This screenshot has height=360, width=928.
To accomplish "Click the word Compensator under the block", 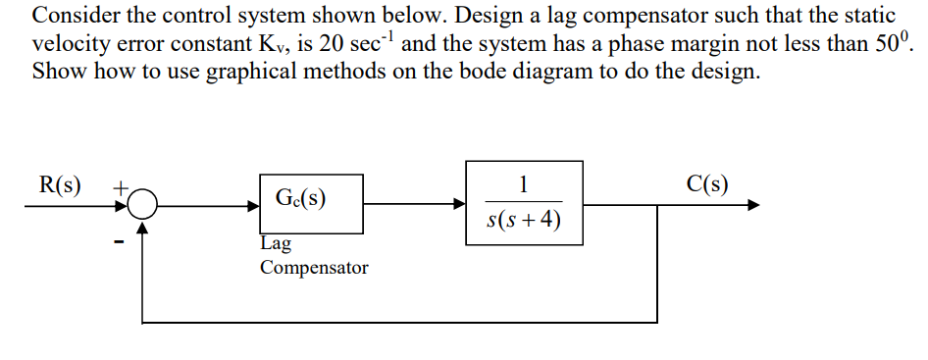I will point(314,267).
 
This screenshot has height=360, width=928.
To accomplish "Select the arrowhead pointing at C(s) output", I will point(752,205).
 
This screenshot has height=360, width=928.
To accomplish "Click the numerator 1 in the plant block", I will point(524,183).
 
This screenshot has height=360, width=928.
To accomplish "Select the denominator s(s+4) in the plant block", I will point(524,220).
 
